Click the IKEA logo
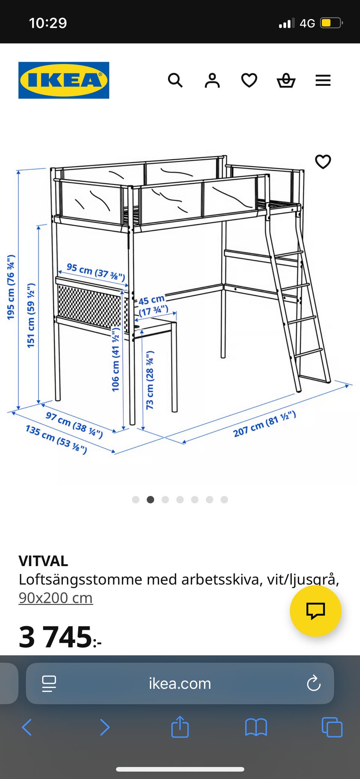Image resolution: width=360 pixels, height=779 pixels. coord(64,80)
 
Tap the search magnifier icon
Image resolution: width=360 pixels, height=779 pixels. coord(175,80)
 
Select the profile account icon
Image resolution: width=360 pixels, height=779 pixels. coord(212,80)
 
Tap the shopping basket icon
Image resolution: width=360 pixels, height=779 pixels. coord(286,80)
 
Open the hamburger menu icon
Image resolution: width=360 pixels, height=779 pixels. coord(323,80)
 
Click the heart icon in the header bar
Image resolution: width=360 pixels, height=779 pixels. coord(249,80)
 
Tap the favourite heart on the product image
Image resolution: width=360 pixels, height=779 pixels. coord(323,162)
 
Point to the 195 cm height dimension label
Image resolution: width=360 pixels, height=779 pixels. coord(11,287)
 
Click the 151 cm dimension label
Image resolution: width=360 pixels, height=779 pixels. coord(31,315)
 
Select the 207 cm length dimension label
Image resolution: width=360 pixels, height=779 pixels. coord(265,424)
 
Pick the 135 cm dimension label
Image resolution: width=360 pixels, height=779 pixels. coord(56,439)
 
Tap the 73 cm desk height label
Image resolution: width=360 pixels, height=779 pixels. coord(150,380)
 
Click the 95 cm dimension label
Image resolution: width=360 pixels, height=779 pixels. coord(96,272)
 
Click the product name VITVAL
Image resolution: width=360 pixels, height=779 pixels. coord(43,561)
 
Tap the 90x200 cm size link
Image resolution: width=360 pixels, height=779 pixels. coord(56,598)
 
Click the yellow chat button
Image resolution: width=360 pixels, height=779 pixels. coord(316,611)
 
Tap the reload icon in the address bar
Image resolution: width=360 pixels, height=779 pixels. coord(313,683)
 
